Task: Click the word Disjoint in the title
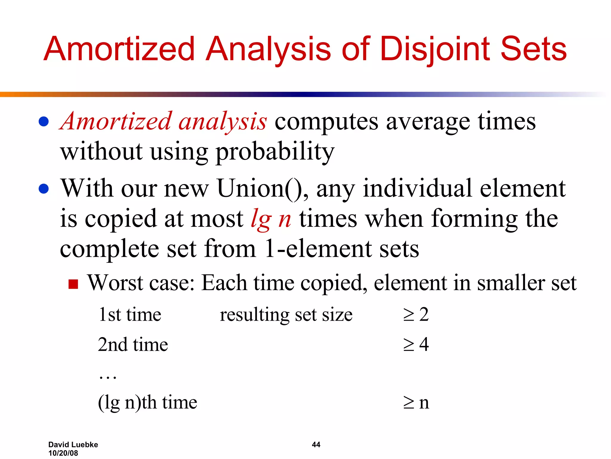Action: point(434,49)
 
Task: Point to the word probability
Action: point(275,152)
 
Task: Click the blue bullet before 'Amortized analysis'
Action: point(44,122)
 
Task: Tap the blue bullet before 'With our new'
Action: point(44,189)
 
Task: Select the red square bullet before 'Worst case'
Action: point(73,284)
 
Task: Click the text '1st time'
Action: point(130,315)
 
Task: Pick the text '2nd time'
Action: point(133,345)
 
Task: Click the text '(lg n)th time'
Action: point(147,402)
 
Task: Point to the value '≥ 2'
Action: point(416,315)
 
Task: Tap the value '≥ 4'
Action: point(416,345)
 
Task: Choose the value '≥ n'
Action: point(416,403)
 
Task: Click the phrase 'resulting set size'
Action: point(286,315)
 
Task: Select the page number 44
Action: point(316,445)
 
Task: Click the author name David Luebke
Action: point(73,445)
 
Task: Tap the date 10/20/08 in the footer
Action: point(63,453)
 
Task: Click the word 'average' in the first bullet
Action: point(428,122)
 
